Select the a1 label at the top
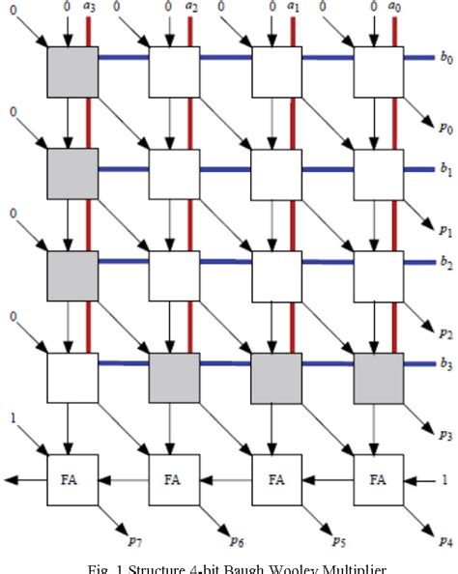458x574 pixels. [295, 7]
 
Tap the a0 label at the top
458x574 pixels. [397, 7]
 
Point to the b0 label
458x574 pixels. [446, 58]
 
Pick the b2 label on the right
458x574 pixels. [446, 262]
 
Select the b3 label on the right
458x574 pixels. [446, 364]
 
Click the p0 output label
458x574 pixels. [444, 128]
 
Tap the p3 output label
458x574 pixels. [444, 436]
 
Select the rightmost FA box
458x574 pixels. [378, 479]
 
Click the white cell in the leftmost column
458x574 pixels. [72, 378]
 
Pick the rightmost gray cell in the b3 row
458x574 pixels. [378, 378]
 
